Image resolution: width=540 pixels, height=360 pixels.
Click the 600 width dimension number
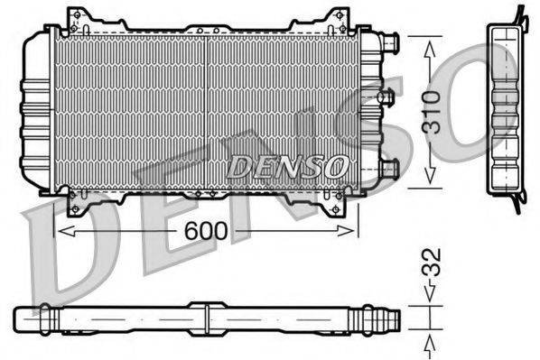coord(207,232)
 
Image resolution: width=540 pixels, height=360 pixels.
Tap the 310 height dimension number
coord(432,111)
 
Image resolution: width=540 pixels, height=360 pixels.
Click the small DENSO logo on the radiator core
coord(286,166)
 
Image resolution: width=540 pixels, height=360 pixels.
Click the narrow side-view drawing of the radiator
coord(506,106)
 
